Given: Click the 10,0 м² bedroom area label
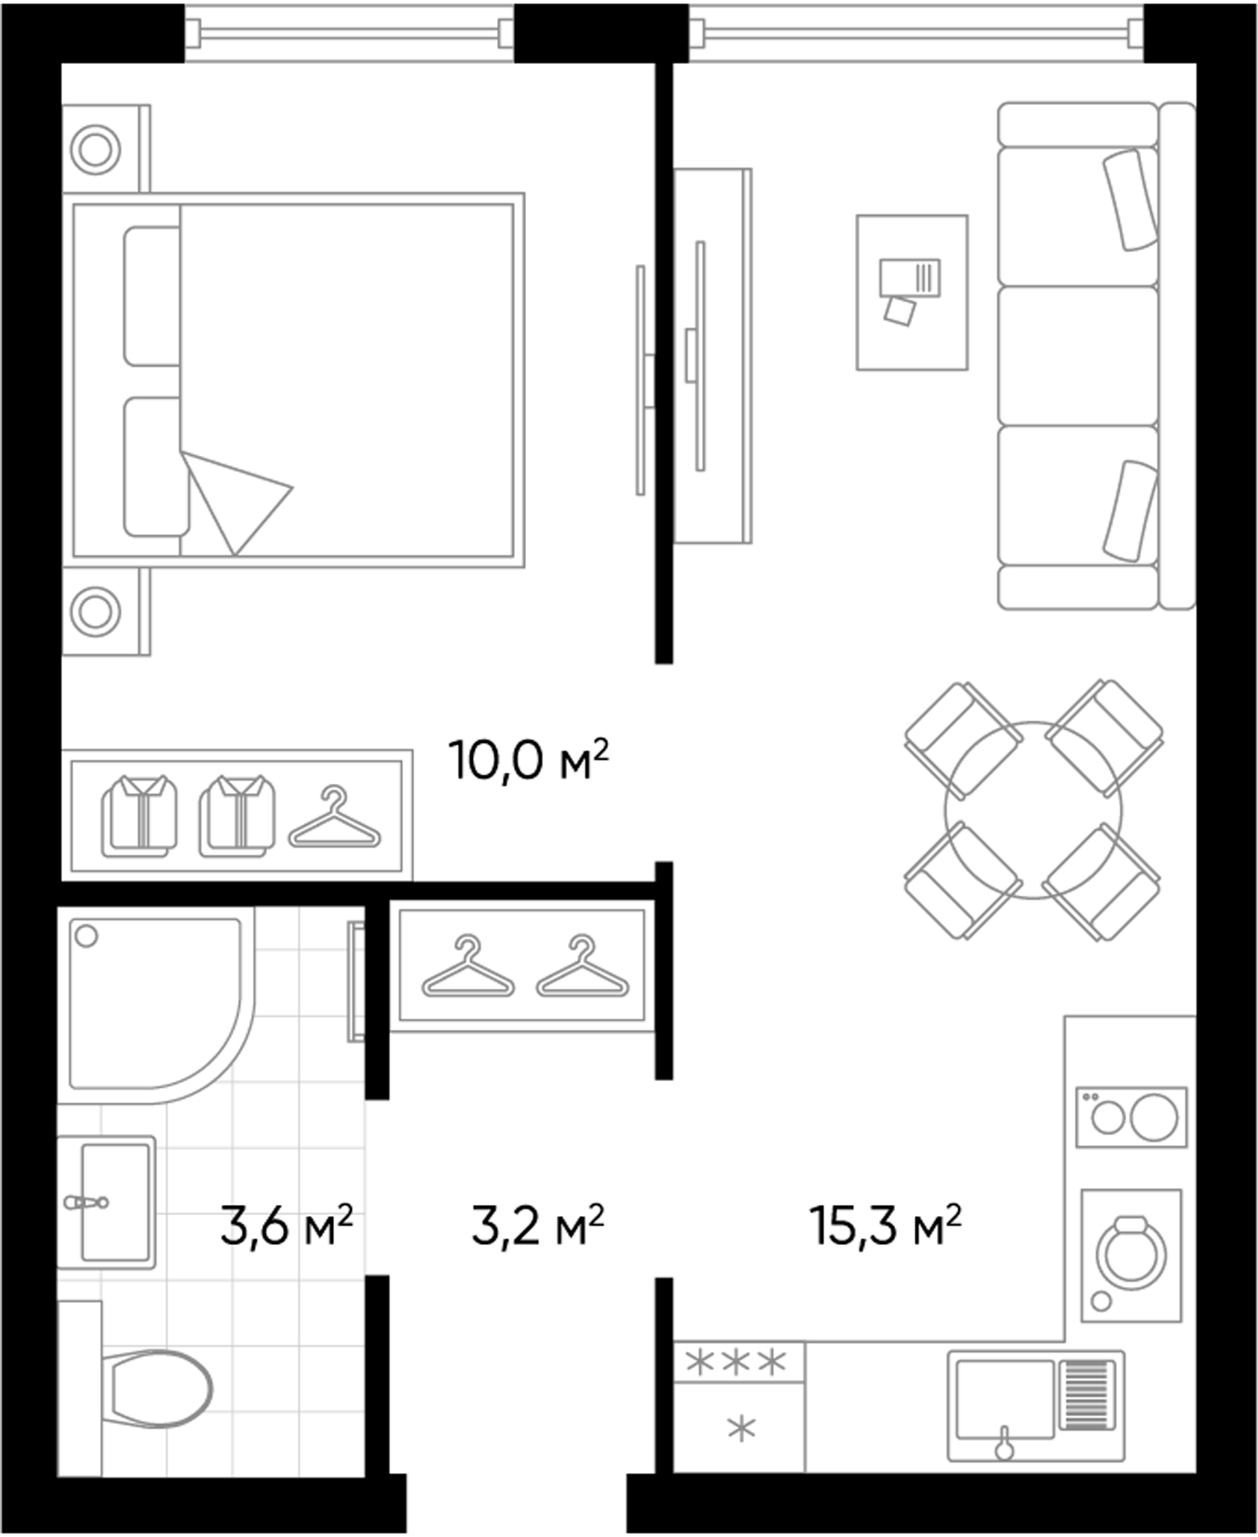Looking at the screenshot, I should (528, 760).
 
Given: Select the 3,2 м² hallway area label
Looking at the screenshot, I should (537, 1227).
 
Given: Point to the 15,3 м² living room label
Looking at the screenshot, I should (885, 1227).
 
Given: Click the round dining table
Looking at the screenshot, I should (1033, 810).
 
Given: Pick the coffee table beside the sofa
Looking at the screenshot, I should (912, 292).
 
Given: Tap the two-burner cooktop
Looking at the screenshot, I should (1131, 1116).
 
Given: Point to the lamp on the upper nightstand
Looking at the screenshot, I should (95, 149).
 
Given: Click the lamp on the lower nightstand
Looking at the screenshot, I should (95, 611).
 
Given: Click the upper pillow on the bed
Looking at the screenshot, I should (152, 296).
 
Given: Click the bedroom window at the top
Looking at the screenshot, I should (349, 32).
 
